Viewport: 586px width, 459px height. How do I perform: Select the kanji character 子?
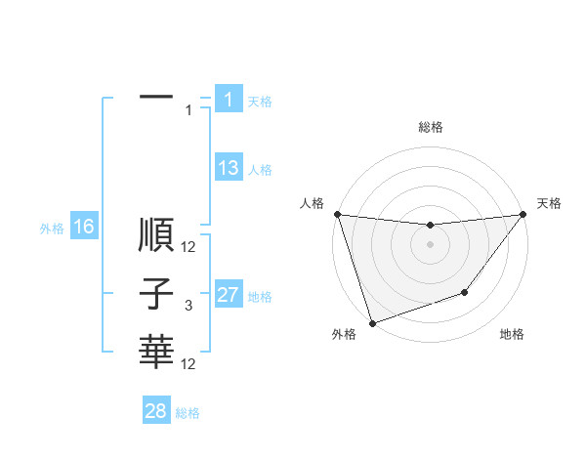point(156,294)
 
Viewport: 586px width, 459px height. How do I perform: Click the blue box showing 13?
point(229,168)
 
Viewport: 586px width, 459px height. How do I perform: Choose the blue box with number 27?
point(229,295)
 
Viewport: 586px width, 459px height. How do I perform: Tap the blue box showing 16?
point(84,228)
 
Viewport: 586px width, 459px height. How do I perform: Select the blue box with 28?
point(156,411)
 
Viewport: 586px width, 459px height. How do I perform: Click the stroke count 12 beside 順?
point(188,248)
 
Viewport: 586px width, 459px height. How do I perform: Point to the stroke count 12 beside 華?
point(188,363)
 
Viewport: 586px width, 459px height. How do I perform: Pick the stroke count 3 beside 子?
point(188,306)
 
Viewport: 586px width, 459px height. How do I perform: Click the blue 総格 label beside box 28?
point(188,413)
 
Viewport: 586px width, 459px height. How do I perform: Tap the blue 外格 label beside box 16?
point(52,229)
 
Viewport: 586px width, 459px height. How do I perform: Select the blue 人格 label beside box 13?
point(260,170)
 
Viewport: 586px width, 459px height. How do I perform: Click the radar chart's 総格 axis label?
point(431,127)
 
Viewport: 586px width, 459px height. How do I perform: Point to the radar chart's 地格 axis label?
point(512,335)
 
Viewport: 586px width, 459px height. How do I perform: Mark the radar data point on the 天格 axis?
point(523,215)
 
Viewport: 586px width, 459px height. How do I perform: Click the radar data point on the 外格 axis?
point(372,323)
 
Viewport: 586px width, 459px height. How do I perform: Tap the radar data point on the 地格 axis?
point(465,292)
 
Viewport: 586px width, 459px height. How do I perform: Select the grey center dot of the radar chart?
point(430,244)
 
